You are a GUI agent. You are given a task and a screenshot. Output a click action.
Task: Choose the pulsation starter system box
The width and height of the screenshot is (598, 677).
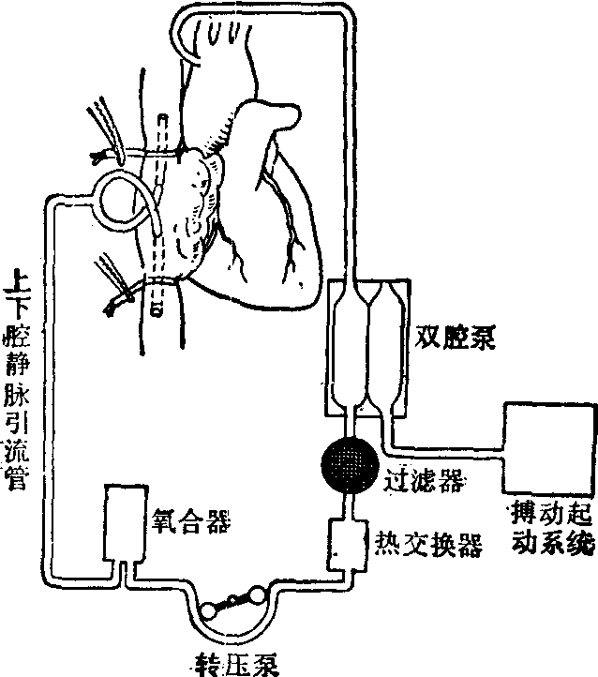click(x=549, y=447)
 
